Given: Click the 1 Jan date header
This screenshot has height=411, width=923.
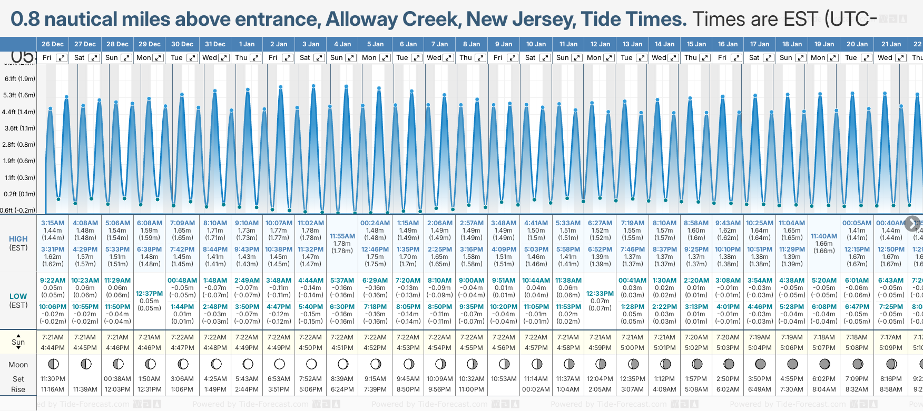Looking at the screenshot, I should [247, 44].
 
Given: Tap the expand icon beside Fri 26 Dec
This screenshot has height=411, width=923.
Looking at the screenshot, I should [62, 58].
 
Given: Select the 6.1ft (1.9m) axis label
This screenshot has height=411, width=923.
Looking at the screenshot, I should [20, 79].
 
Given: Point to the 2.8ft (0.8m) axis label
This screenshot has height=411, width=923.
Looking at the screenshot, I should [20, 144].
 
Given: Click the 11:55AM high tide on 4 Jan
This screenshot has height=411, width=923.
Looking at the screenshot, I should [342, 236].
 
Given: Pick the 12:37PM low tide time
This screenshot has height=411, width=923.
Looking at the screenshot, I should [150, 294].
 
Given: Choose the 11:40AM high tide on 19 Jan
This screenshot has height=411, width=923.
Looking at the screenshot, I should [824, 236].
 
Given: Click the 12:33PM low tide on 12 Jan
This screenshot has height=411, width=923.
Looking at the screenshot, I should [600, 294].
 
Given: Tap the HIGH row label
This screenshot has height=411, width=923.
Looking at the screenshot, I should [18, 239].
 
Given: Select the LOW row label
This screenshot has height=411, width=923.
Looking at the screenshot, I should [18, 296].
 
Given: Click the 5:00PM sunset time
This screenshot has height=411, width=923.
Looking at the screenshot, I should [632, 348].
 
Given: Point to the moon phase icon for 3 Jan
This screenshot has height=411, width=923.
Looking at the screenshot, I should [311, 364].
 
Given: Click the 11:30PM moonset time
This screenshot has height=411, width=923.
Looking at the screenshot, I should [53, 379].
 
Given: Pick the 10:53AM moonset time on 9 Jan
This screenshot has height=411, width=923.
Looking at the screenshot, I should [504, 379].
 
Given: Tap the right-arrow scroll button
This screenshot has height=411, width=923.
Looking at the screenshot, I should [912, 223].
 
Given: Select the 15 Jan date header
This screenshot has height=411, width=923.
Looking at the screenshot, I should [697, 44].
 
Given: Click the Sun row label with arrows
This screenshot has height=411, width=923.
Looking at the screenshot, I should [18, 342].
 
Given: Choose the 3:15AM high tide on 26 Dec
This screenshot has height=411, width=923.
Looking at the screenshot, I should [53, 223].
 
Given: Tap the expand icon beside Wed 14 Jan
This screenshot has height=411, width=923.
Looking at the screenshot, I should [673, 58].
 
